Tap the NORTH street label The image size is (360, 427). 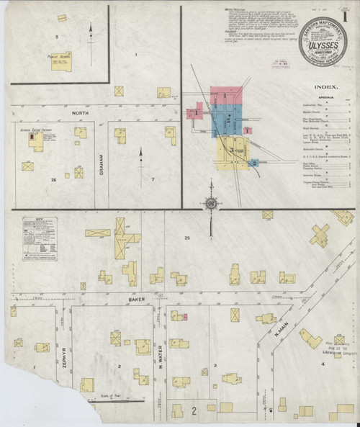pos(80,113)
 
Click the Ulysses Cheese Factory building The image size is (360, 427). pos(35,142)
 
